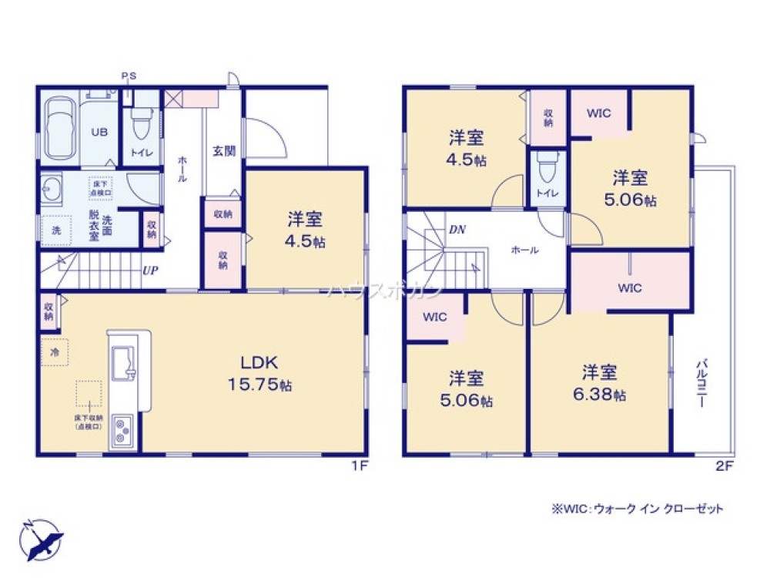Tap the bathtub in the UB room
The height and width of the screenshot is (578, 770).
click(x=59, y=131)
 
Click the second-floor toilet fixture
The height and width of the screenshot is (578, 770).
click(x=546, y=171)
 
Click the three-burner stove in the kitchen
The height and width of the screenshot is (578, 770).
click(x=123, y=430)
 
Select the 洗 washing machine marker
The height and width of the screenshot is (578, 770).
click(x=55, y=230)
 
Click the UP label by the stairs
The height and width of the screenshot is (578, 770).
click(x=149, y=271)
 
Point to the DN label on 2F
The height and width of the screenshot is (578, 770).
click(x=457, y=230)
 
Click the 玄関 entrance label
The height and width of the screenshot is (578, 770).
click(x=223, y=151)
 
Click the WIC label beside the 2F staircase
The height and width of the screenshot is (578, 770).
click(x=435, y=316)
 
